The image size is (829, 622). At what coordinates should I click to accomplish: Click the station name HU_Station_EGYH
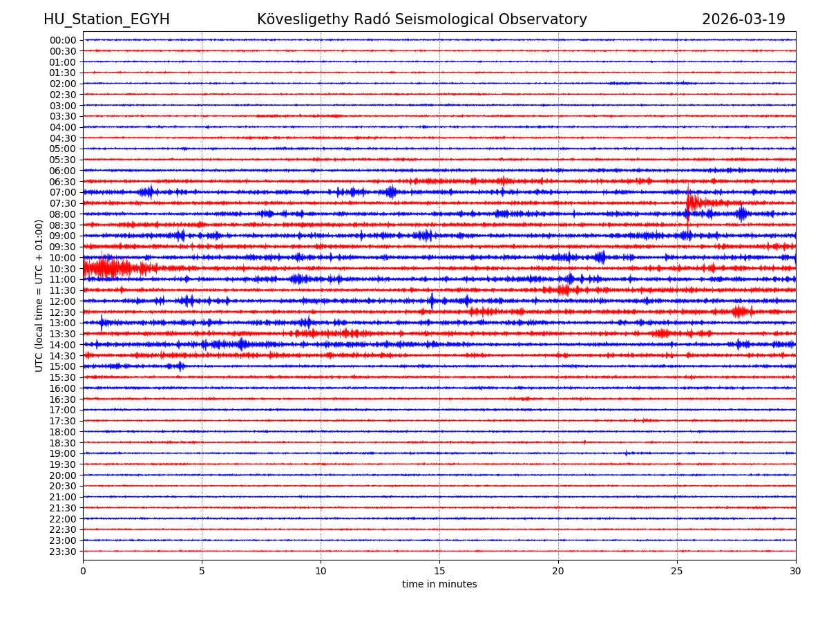tap(106, 19)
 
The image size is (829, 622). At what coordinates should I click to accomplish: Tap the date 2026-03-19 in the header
tap(743, 19)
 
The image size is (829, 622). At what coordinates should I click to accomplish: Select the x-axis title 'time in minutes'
tap(439, 585)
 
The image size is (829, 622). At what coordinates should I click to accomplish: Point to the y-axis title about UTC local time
tap(39, 295)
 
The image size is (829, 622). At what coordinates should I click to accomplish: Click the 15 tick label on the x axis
tap(439, 572)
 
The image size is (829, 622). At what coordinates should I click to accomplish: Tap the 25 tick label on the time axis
tap(677, 572)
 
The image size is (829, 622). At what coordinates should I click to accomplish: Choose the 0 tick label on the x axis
tap(83, 572)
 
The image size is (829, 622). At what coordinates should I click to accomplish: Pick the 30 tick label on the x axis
tap(796, 572)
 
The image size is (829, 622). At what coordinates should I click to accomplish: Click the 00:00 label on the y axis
tap(62, 40)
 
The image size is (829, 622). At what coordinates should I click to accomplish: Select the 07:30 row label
tap(62, 203)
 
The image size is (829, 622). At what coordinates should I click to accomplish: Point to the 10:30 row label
tap(62, 269)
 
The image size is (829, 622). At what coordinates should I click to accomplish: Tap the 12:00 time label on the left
tap(62, 301)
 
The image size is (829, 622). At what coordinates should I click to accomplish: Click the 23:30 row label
tap(62, 552)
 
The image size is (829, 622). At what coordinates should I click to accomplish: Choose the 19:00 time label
tap(62, 453)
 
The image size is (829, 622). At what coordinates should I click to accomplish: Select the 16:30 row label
tap(62, 399)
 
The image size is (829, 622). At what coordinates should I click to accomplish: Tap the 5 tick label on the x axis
tap(202, 572)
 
